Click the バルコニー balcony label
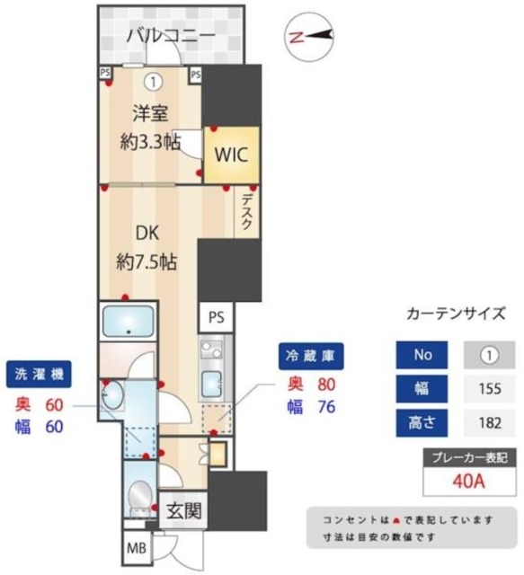click(171, 36)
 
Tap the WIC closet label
click(231, 152)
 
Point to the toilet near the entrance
click(139, 494)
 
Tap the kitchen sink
click(212, 382)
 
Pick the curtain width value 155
click(489, 388)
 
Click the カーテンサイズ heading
click(463, 314)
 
